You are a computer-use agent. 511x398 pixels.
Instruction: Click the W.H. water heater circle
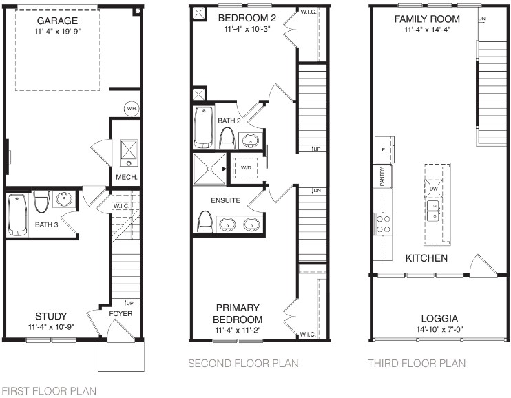[x=132, y=109]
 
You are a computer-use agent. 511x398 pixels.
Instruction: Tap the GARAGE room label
[x=57, y=21]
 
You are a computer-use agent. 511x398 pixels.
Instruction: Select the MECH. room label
[x=127, y=178]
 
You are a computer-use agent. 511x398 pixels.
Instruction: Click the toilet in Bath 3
[x=41, y=202]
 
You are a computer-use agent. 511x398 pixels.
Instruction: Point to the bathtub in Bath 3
[x=18, y=215]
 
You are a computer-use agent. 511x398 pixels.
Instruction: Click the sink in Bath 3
[x=64, y=199]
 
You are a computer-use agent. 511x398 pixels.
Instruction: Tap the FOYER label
[x=121, y=313]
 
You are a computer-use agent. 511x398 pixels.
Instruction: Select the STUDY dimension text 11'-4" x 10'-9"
[x=51, y=326]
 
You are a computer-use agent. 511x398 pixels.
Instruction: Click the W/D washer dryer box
[x=246, y=168]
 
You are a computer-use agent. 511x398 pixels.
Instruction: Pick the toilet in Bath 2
[x=227, y=138]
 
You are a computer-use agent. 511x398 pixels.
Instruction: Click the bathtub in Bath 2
[x=204, y=127]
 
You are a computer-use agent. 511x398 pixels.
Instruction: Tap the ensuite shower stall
[x=209, y=169]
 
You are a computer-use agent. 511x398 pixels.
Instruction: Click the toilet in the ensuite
[x=205, y=222]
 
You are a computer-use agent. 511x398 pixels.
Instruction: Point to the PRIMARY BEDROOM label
[x=238, y=313]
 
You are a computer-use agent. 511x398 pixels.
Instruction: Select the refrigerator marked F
[x=384, y=149]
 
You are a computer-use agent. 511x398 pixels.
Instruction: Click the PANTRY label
[x=382, y=176]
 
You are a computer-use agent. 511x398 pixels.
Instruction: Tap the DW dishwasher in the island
[x=433, y=189]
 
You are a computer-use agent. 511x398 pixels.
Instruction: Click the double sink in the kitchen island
[x=433, y=211]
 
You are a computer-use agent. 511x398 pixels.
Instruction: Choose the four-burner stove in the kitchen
[x=383, y=224]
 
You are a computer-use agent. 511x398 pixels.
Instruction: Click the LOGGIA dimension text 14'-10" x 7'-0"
[x=439, y=330]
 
